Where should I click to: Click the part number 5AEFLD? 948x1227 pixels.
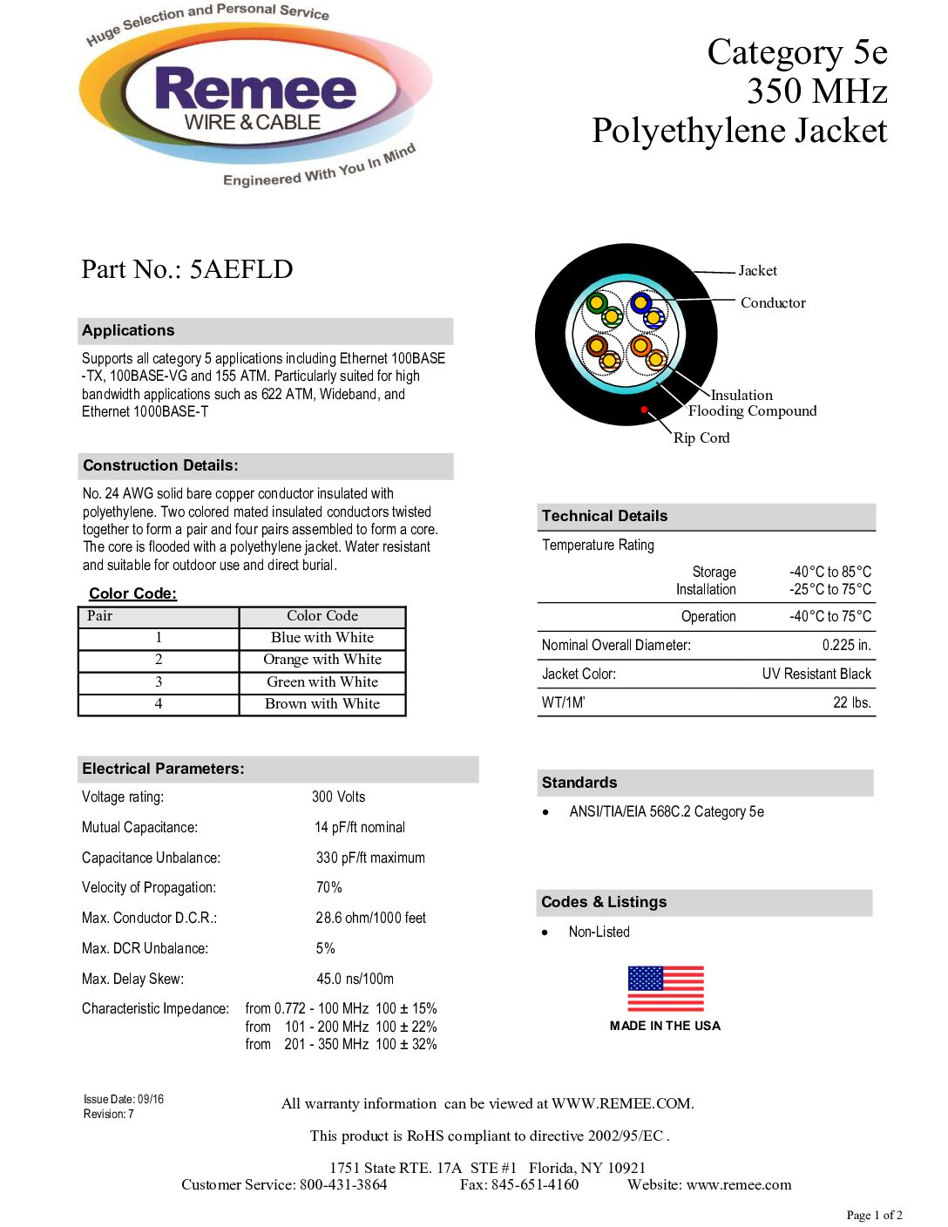tap(241, 269)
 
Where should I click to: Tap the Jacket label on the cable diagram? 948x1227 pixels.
tap(757, 271)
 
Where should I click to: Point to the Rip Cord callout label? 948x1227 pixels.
tap(701, 438)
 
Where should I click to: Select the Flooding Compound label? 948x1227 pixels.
tap(752, 411)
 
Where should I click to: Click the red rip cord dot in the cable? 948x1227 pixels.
tap(644, 409)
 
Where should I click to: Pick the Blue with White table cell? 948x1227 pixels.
tap(322, 638)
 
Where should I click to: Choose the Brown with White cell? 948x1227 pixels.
tap(322, 704)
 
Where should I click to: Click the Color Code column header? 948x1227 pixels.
tap(322, 616)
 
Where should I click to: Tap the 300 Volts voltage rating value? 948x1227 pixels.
tap(339, 797)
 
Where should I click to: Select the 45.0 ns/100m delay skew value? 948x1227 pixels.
tap(355, 980)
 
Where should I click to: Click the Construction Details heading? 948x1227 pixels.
tap(161, 466)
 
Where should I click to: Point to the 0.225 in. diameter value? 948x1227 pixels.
tap(846, 646)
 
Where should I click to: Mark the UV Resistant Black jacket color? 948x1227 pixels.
tap(816, 675)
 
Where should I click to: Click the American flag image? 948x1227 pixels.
tap(666, 989)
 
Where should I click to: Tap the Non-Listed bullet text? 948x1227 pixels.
tap(599, 932)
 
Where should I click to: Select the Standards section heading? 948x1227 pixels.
tap(579, 783)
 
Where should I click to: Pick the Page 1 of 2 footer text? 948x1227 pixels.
tap(874, 1216)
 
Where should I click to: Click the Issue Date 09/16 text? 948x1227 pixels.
tap(124, 1100)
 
